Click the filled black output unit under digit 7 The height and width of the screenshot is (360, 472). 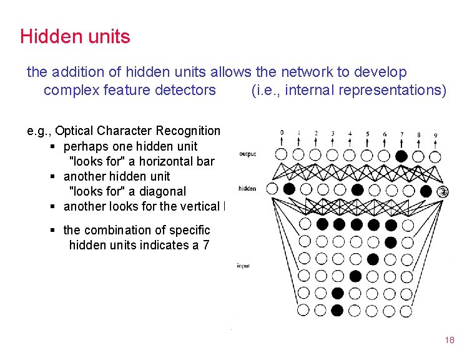(x=401, y=155)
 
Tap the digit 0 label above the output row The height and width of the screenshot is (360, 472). (x=282, y=132)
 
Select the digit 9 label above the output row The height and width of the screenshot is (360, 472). (x=435, y=134)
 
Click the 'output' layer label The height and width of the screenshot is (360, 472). (x=247, y=154)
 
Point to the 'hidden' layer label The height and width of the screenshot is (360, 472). (x=247, y=188)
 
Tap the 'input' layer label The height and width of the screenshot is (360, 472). (x=243, y=266)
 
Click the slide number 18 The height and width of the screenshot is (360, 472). (x=450, y=341)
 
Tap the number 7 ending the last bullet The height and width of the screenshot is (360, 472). (x=206, y=245)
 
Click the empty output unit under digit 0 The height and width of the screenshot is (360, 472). (x=282, y=154)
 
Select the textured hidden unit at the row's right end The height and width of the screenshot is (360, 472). (x=443, y=191)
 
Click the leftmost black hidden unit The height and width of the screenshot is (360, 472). (x=289, y=188)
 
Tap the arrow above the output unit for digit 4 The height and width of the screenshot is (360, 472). (x=350, y=142)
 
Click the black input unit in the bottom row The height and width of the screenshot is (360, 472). (x=338, y=309)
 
